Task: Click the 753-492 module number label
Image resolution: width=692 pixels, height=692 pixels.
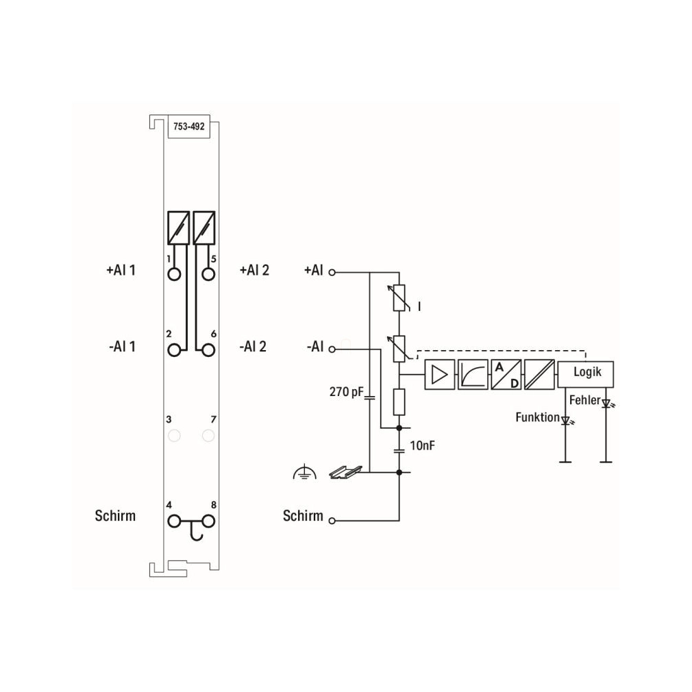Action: (189, 127)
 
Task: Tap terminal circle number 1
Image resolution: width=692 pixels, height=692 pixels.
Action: (174, 275)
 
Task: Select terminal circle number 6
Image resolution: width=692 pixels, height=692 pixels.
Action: (208, 350)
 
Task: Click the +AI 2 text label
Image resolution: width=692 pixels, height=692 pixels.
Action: (254, 270)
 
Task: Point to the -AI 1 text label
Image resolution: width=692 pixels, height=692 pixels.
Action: (122, 347)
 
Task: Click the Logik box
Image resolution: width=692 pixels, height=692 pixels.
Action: (586, 374)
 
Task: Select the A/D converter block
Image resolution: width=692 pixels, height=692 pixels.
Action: (506, 374)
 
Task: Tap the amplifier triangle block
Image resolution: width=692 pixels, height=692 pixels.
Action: (440, 374)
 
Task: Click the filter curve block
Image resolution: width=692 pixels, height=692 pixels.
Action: (473, 374)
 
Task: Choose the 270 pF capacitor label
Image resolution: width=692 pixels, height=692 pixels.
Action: (347, 392)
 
